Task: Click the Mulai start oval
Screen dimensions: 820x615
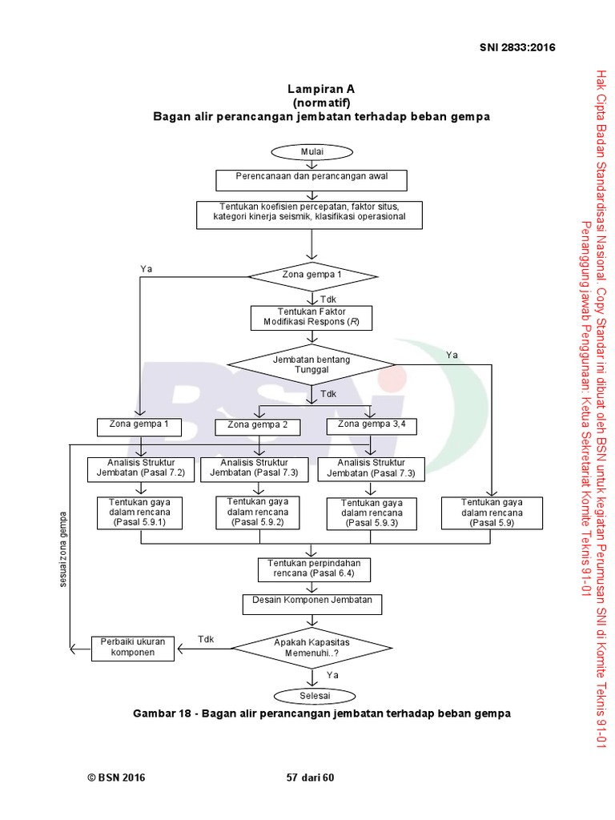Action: [312, 152]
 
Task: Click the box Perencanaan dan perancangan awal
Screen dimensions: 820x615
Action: [312, 179]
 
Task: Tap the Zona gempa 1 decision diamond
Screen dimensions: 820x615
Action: [312, 275]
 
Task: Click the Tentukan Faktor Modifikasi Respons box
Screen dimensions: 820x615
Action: [312, 317]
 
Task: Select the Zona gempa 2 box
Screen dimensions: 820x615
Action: [258, 425]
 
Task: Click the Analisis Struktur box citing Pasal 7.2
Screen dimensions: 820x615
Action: [140, 468]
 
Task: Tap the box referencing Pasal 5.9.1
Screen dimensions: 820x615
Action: [140, 512]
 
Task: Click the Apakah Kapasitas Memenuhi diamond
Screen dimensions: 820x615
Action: [312, 648]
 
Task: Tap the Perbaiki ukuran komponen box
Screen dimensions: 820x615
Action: [133, 648]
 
